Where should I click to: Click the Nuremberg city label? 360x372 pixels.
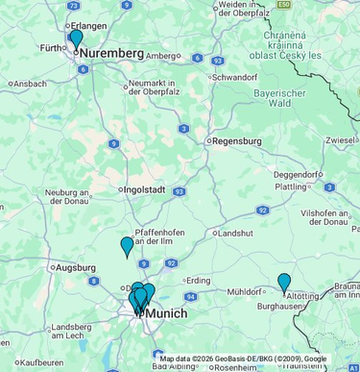pos(111,53)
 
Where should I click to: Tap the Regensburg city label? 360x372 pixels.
pos(236,140)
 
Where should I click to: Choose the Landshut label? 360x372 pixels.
pos(235,233)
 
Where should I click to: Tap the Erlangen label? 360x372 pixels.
pos(88,25)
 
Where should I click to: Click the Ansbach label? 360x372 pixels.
pos(30,84)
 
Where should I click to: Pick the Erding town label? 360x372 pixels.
pos(198,280)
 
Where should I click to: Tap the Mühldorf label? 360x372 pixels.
pos(244,290)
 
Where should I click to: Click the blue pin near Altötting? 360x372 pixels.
pos(284,283)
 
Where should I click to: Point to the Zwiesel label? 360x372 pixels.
pos(341,140)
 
